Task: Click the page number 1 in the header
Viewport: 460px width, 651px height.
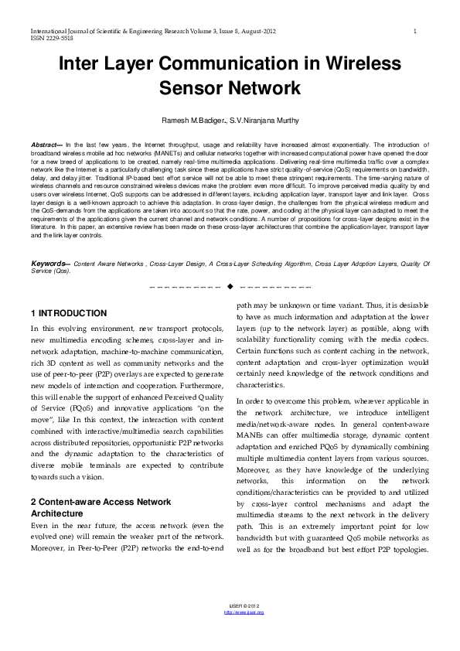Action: coord(416,31)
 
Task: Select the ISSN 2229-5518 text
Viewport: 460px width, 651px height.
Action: coord(53,37)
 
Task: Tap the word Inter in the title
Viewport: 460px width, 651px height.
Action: coord(84,64)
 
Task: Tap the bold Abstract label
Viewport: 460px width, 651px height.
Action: coord(46,145)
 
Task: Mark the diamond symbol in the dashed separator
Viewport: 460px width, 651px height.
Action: coord(230,287)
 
